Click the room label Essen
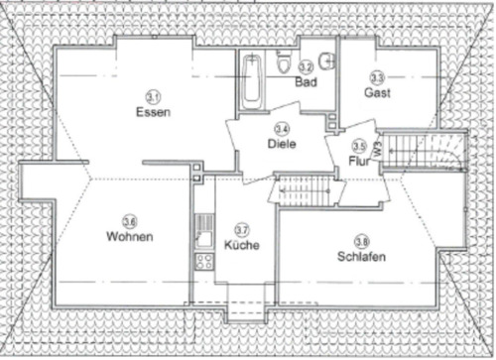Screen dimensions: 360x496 [x=153, y=112]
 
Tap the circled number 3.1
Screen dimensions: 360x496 [x=153, y=96]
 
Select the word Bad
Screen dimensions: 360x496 [x=306, y=82]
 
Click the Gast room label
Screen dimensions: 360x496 [x=377, y=92]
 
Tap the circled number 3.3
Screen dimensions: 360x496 [x=377, y=76]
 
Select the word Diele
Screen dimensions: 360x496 [x=282, y=143]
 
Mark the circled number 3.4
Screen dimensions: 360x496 [x=282, y=128]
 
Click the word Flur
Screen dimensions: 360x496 [x=358, y=159]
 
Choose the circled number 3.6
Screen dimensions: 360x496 [x=129, y=221]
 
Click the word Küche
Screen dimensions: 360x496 [x=241, y=244]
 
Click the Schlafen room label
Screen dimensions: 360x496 [x=361, y=256]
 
